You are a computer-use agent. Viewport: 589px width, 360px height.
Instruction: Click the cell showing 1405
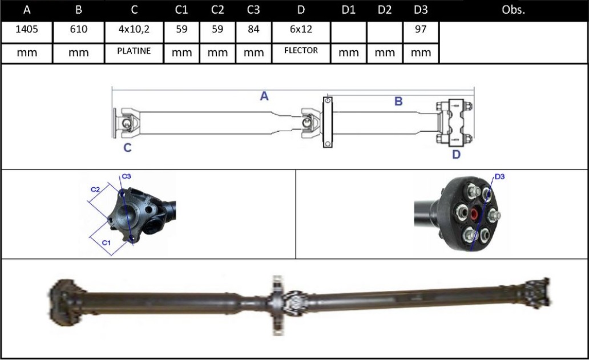27,30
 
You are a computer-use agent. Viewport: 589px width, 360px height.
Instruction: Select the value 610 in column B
78,30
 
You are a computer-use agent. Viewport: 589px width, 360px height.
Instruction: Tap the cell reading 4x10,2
134,30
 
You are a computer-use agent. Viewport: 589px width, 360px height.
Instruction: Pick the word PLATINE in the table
134,51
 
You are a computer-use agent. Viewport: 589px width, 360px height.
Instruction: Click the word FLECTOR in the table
301,51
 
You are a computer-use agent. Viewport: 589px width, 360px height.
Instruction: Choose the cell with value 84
253,30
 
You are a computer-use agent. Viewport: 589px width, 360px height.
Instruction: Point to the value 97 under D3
421,30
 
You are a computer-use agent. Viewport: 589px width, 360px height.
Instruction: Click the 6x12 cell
301,30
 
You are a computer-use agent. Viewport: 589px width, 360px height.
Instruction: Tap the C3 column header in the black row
253,10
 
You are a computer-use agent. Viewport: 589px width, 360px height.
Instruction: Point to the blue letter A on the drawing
264,97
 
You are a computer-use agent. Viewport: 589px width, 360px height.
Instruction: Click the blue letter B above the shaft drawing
398,102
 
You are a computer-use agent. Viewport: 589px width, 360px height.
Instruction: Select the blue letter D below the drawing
456,155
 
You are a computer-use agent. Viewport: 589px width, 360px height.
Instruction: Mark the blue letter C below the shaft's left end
128,148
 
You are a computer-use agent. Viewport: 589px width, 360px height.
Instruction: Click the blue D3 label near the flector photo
499,177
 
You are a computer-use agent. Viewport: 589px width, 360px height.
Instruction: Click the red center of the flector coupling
474,215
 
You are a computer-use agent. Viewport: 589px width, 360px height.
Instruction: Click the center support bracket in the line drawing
328,122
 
